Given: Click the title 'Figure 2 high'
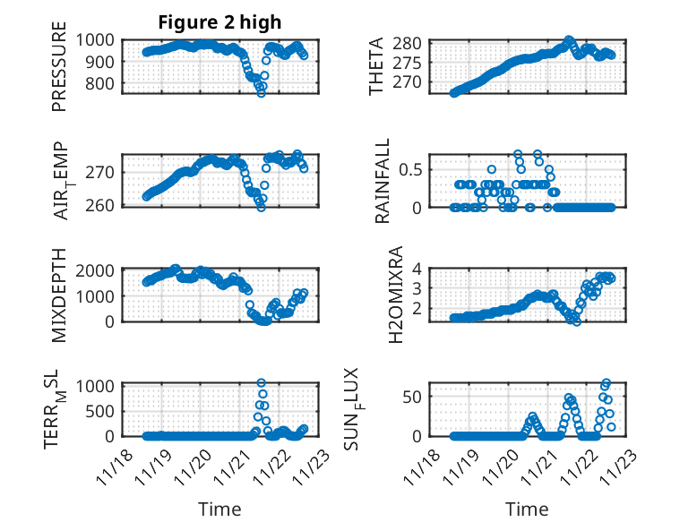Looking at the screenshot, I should pyautogui.click(x=219, y=21).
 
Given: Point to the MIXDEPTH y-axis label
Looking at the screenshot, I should pyautogui.click(x=59, y=295).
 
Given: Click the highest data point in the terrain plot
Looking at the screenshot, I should pyautogui.click(x=262, y=383).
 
